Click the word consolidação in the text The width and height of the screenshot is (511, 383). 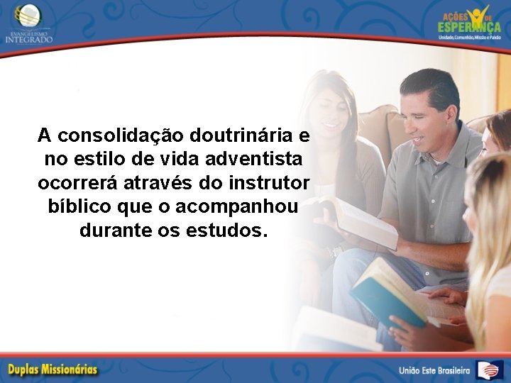point(121,135)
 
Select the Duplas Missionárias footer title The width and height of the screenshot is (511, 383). point(53,370)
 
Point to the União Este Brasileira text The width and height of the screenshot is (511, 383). point(434,370)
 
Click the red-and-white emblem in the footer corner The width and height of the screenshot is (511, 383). point(490,370)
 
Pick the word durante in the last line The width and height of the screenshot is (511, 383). point(111,231)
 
